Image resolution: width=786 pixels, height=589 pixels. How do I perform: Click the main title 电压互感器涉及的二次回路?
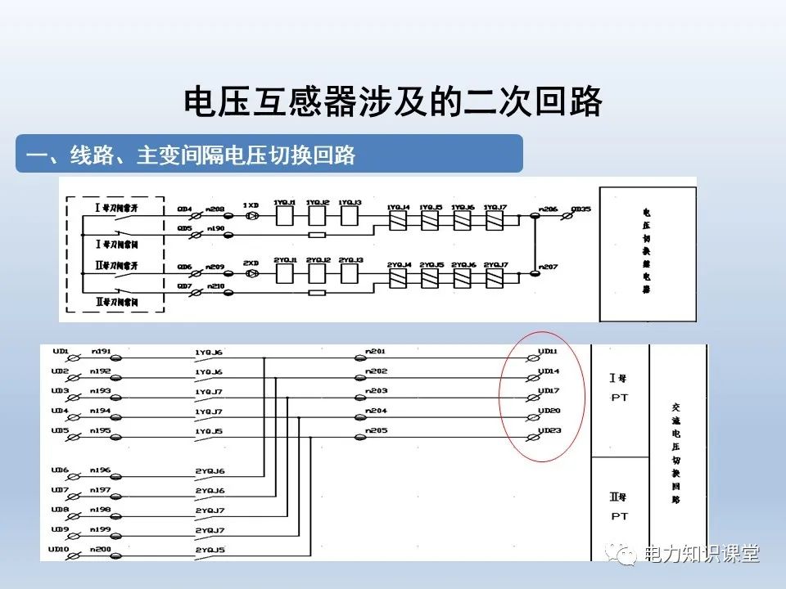click(x=393, y=102)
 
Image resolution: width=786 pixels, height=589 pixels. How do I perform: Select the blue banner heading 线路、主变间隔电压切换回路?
click(x=192, y=155)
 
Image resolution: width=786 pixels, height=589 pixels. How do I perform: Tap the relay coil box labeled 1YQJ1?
click(x=285, y=215)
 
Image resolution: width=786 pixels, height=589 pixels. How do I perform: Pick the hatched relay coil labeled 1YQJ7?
click(x=494, y=219)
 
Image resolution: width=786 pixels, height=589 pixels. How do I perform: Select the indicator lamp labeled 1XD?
click(x=252, y=215)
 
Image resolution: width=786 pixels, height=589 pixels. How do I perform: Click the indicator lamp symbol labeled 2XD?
click(x=252, y=272)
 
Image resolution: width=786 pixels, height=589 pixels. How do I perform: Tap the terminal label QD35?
click(x=580, y=209)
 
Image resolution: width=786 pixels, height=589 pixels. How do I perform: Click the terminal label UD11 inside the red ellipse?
click(x=548, y=352)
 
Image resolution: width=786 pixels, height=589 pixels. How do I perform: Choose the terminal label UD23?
click(x=548, y=430)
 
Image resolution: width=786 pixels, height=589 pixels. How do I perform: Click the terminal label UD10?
click(x=60, y=549)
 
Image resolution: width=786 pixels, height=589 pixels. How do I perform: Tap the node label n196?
click(x=101, y=470)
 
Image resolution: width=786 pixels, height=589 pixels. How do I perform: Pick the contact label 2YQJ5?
click(x=210, y=549)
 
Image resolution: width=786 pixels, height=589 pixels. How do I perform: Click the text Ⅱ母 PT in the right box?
click(x=619, y=506)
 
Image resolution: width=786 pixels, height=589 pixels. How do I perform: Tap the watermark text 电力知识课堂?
click(x=702, y=554)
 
